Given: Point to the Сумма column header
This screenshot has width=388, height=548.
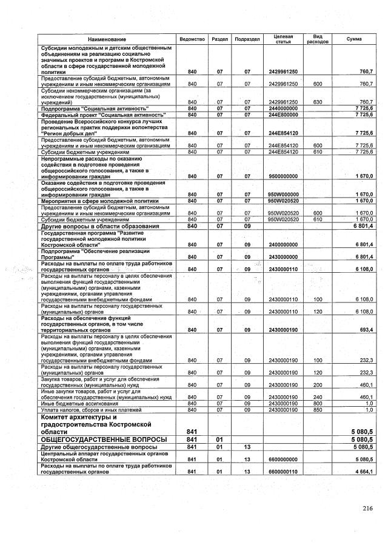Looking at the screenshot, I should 354,39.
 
